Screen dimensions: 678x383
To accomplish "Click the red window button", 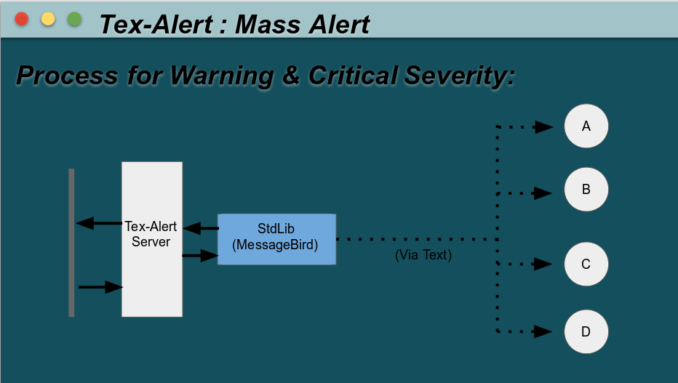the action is click(22, 19).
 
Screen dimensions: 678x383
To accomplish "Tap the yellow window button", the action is click(48, 19).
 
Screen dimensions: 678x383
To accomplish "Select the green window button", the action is click(74, 19).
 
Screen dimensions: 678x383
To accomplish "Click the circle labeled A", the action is click(586, 126).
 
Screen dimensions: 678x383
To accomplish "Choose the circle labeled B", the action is click(586, 190).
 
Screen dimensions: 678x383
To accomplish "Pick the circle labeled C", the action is click(586, 264).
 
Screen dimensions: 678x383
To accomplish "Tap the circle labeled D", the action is click(586, 332).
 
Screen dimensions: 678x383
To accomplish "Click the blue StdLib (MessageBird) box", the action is click(276, 238).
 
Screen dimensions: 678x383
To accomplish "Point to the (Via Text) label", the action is click(423, 255).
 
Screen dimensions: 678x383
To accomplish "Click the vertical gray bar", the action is click(71, 242).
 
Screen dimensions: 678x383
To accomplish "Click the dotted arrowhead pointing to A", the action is click(544, 127).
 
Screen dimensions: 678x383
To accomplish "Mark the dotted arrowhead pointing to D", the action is click(544, 332).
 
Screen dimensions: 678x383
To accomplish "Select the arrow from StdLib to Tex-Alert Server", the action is click(201, 228).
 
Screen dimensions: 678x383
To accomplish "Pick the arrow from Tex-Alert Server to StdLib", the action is click(200, 255).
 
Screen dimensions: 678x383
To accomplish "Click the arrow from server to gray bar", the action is click(99, 223).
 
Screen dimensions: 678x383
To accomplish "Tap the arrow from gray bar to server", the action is click(100, 287).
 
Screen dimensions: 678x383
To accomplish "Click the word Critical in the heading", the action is click(356, 76).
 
